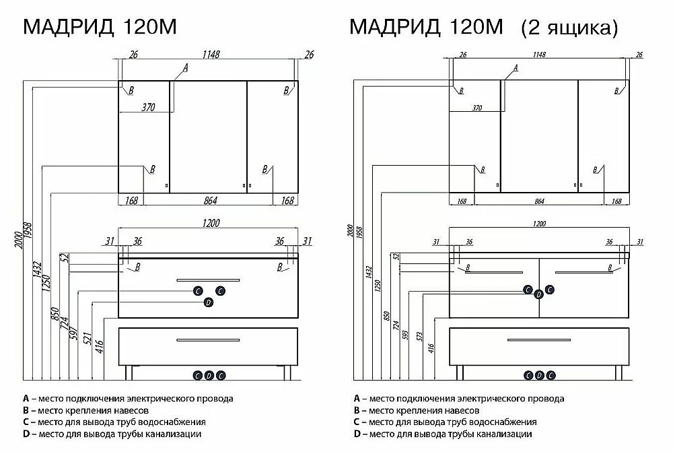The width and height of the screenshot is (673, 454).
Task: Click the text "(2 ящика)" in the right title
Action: tap(569, 28)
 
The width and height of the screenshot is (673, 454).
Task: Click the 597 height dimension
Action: tap(74, 333)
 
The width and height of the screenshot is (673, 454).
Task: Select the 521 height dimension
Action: tap(87, 337)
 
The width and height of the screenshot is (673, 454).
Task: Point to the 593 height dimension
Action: tap(405, 335)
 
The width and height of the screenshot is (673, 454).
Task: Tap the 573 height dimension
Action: tap(419, 336)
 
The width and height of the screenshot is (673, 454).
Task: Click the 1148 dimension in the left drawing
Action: tap(211, 55)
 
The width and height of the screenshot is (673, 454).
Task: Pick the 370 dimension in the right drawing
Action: tap(477, 108)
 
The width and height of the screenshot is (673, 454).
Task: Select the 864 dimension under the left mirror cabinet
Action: tap(210, 201)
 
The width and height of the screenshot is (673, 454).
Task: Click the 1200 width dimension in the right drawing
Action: tap(539, 224)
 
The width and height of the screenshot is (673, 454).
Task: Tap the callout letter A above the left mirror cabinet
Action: tap(186, 68)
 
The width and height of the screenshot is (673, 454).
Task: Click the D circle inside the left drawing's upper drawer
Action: tap(208, 303)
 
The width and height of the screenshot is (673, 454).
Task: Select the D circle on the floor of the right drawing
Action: tap(539, 375)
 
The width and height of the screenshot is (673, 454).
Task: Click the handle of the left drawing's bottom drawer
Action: tap(208, 340)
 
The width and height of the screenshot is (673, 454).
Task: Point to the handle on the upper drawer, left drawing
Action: tap(208, 280)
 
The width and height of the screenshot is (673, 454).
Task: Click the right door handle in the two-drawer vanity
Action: tap(583, 272)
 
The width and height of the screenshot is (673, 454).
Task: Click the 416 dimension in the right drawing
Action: tap(431, 348)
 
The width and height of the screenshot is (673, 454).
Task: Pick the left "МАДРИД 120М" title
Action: tap(100, 27)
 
